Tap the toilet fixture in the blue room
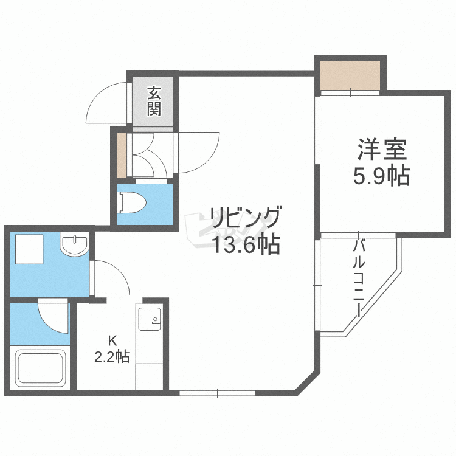pyautogui.click(x=130, y=202)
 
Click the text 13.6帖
pyautogui.click(x=246, y=244)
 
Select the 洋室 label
pyautogui.click(x=381, y=150)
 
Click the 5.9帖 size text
pyautogui.click(x=381, y=176)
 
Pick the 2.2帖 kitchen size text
pyautogui.click(x=112, y=357)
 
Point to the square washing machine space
pyautogui.click(x=29, y=249)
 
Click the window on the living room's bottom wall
pyautogui.click(x=217, y=393)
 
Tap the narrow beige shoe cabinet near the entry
pyautogui.click(x=122, y=155)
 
